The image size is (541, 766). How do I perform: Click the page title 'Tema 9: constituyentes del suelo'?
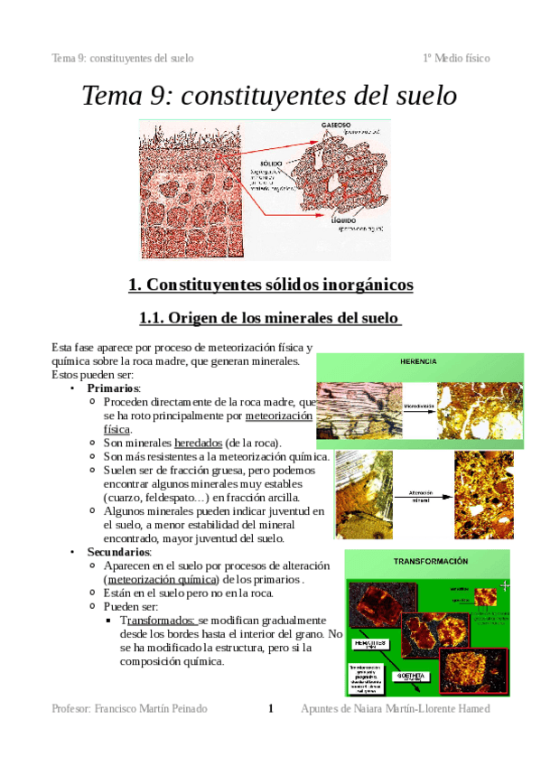(270, 95)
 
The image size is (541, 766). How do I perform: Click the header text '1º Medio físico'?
(456, 58)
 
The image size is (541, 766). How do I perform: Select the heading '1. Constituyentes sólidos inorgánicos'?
(270, 285)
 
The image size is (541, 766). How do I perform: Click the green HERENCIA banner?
(420, 361)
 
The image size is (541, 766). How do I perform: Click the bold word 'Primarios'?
(113, 388)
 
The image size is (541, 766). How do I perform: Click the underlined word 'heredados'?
(198, 443)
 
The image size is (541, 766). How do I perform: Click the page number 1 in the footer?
(270, 709)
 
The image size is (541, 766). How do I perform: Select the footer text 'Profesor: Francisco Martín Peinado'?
(130, 709)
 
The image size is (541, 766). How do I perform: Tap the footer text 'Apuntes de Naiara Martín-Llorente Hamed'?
(395, 709)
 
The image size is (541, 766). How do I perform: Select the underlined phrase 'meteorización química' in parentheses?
(151, 578)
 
